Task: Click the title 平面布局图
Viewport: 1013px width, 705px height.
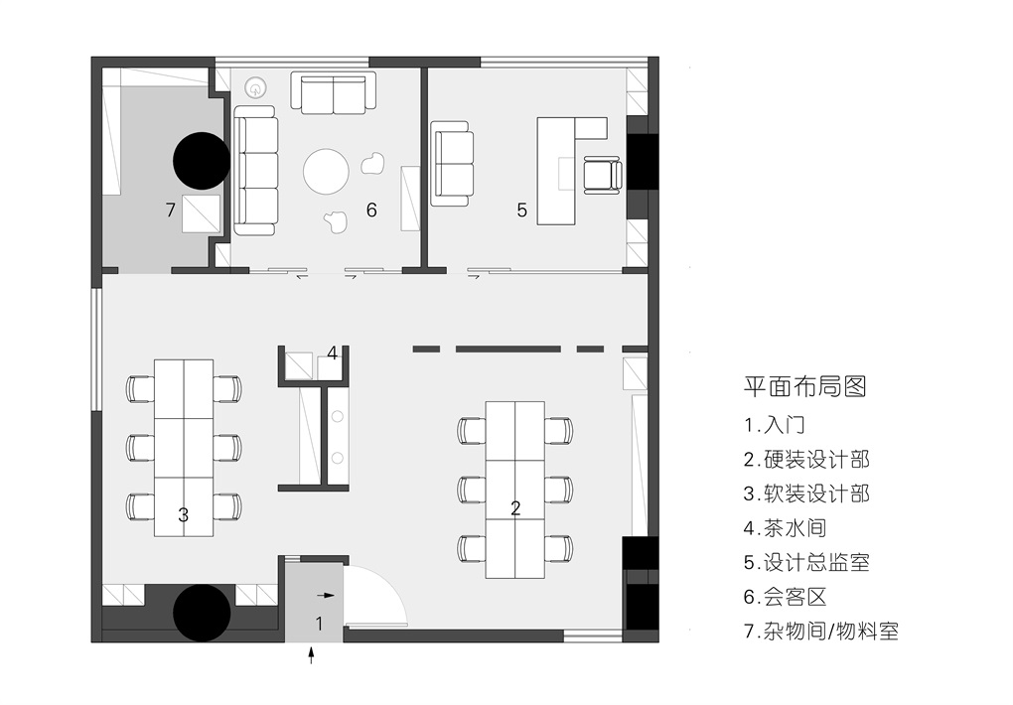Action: click(x=804, y=386)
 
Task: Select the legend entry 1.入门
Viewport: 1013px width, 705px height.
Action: click(x=774, y=425)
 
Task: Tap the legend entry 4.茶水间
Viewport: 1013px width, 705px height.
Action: click(x=785, y=528)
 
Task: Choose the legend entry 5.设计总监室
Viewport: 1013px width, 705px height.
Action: click(x=806, y=562)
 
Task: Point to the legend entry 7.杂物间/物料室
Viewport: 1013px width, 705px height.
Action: click(x=821, y=631)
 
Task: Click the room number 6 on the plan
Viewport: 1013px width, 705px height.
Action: click(x=370, y=210)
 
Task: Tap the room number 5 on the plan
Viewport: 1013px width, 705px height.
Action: click(x=522, y=210)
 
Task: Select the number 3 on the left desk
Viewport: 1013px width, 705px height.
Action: click(x=184, y=515)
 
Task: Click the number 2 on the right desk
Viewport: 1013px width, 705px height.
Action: click(x=515, y=508)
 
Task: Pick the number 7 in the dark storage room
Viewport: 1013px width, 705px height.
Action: click(x=171, y=210)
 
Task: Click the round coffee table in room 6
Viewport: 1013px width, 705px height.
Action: click(x=327, y=171)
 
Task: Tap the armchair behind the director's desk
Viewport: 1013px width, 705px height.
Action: click(x=604, y=175)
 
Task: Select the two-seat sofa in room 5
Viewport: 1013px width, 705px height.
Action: click(x=452, y=164)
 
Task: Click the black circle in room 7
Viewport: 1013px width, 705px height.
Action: click(x=202, y=161)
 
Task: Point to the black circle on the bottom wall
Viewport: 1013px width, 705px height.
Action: click(x=202, y=614)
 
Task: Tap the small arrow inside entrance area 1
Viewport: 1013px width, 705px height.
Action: click(x=327, y=595)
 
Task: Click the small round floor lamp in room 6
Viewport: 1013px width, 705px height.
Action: click(x=256, y=88)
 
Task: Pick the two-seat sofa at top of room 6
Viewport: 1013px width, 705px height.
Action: click(x=334, y=92)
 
